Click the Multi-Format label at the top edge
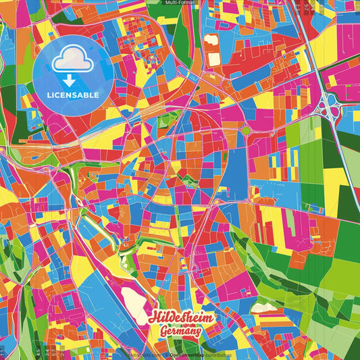(x=180, y=3)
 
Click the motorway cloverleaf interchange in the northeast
(x=330, y=104)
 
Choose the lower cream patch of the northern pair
(x=213, y=59)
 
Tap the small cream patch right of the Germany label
(x=265, y=308)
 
